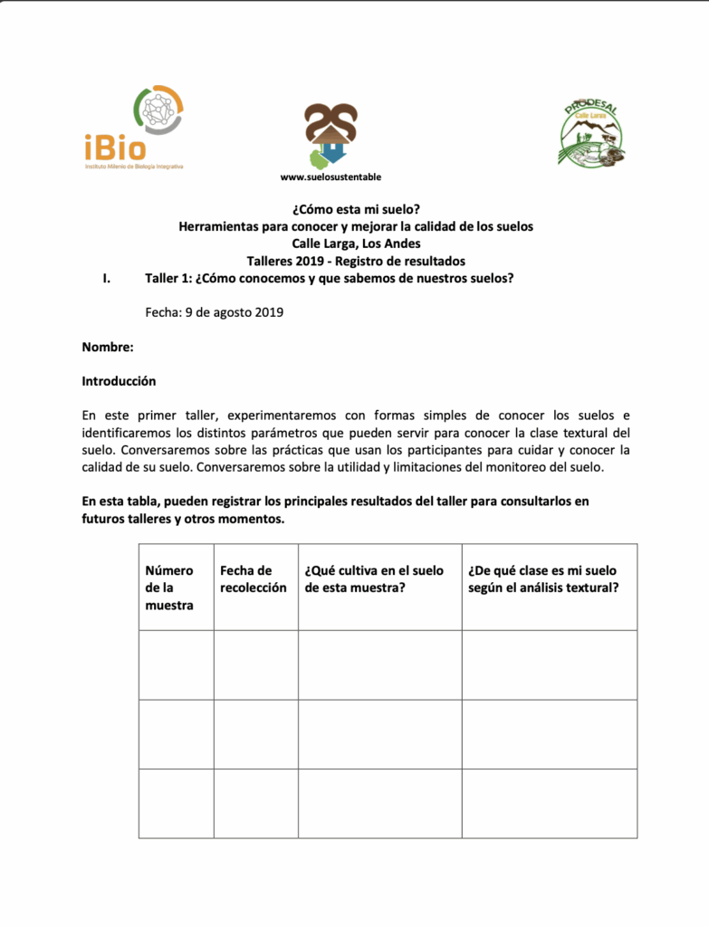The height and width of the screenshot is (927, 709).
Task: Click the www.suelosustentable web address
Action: click(331, 177)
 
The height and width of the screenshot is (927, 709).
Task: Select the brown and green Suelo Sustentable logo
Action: click(331, 136)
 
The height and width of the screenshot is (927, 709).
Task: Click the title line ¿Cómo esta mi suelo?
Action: click(356, 209)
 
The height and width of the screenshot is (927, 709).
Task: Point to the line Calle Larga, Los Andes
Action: click(356, 244)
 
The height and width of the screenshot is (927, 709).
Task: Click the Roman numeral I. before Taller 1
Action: click(107, 278)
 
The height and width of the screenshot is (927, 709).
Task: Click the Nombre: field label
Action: click(108, 347)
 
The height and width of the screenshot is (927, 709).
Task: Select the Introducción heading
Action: click(119, 381)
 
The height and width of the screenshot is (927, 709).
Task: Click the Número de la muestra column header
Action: click(169, 588)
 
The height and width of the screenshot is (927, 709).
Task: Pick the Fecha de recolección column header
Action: click(254, 579)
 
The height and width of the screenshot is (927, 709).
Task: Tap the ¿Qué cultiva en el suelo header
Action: click(375, 579)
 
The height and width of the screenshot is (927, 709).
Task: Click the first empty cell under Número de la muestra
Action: click(176, 664)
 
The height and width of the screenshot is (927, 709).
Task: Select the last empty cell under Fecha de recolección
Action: click(255, 803)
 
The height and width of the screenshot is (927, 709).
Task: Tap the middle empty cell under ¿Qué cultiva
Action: click(379, 733)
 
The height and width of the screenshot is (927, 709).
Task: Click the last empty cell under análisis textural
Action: click(549, 803)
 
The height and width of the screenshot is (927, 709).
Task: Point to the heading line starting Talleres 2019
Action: click(356, 261)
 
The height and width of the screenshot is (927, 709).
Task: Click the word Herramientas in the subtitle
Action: click(219, 226)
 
